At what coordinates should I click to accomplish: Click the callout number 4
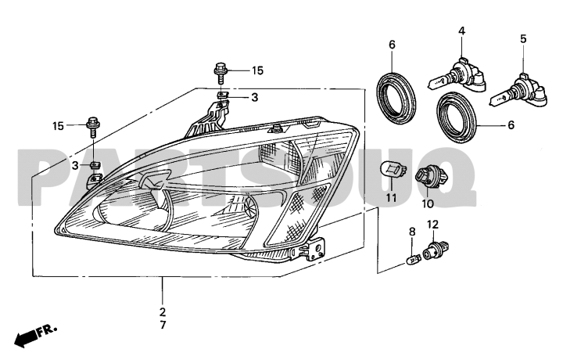pyautogui.click(x=462, y=31)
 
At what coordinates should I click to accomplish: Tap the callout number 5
pyautogui.click(x=523, y=38)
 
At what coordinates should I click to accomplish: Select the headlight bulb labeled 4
pyautogui.click(x=457, y=76)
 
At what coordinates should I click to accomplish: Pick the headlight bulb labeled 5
pyautogui.click(x=520, y=91)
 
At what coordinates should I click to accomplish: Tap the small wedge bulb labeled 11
pyautogui.click(x=393, y=169)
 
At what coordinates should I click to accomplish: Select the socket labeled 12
pyautogui.click(x=436, y=250)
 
